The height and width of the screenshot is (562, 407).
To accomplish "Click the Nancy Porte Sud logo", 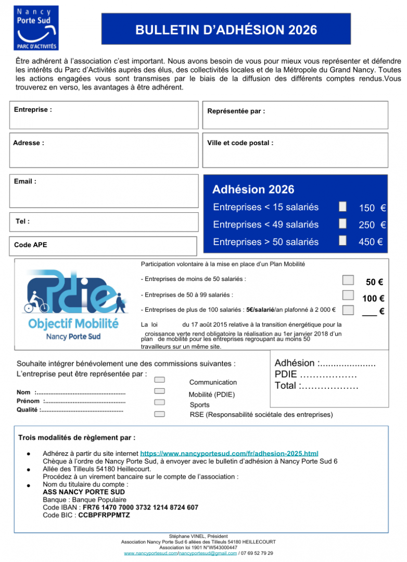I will [36, 28].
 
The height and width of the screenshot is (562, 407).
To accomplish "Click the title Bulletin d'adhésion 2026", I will [226, 30].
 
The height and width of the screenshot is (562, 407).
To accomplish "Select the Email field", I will [104, 190].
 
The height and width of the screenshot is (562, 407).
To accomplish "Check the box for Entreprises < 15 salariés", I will [342, 207].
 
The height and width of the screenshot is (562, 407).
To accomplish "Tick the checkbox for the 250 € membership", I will [342, 223].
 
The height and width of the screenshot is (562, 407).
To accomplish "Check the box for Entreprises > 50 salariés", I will [342, 240].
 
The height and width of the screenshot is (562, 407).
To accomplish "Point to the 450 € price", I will [372, 242].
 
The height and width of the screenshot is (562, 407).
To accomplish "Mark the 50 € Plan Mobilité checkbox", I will [348, 280].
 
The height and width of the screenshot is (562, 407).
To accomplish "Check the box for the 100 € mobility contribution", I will [348, 295].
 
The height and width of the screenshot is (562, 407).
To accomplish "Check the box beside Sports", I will [160, 402].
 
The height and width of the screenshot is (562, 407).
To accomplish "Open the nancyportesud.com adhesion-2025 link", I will [230, 454].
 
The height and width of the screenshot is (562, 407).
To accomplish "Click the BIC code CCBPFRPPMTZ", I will [104, 515].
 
